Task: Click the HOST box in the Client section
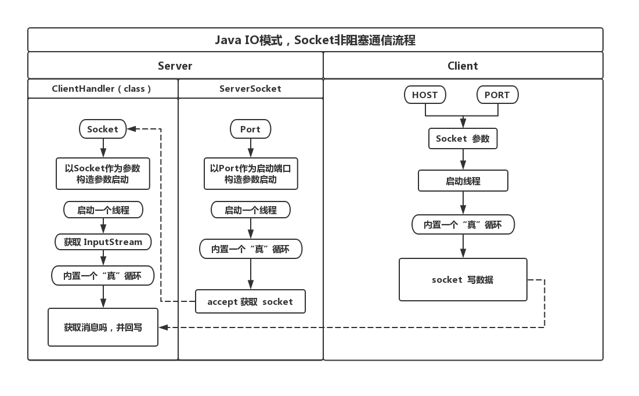[x=425, y=95]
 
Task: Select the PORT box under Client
[x=497, y=95]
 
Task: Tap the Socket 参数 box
[x=463, y=139]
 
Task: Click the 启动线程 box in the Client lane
[x=463, y=181]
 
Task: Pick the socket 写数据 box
[x=463, y=279]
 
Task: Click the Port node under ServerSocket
[x=250, y=129]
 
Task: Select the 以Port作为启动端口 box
[x=250, y=174]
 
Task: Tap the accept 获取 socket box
[x=250, y=301]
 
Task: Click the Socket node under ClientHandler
[x=103, y=129]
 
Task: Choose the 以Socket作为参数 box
[x=103, y=174]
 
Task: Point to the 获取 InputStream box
[x=103, y=242]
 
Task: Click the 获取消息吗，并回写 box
[x=103, y=327]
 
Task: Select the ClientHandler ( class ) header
[x=102, y=89]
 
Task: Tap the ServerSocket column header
[x=250, y=89]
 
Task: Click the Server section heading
[x=175, y=66]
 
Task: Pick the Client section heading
[x=463, y=66]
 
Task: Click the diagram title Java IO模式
[x=315, y=40]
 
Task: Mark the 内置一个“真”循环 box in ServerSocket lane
[x=250, y=249]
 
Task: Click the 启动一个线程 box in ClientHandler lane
[x=103, y=210]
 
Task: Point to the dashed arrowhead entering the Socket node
[x=131, y=129]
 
